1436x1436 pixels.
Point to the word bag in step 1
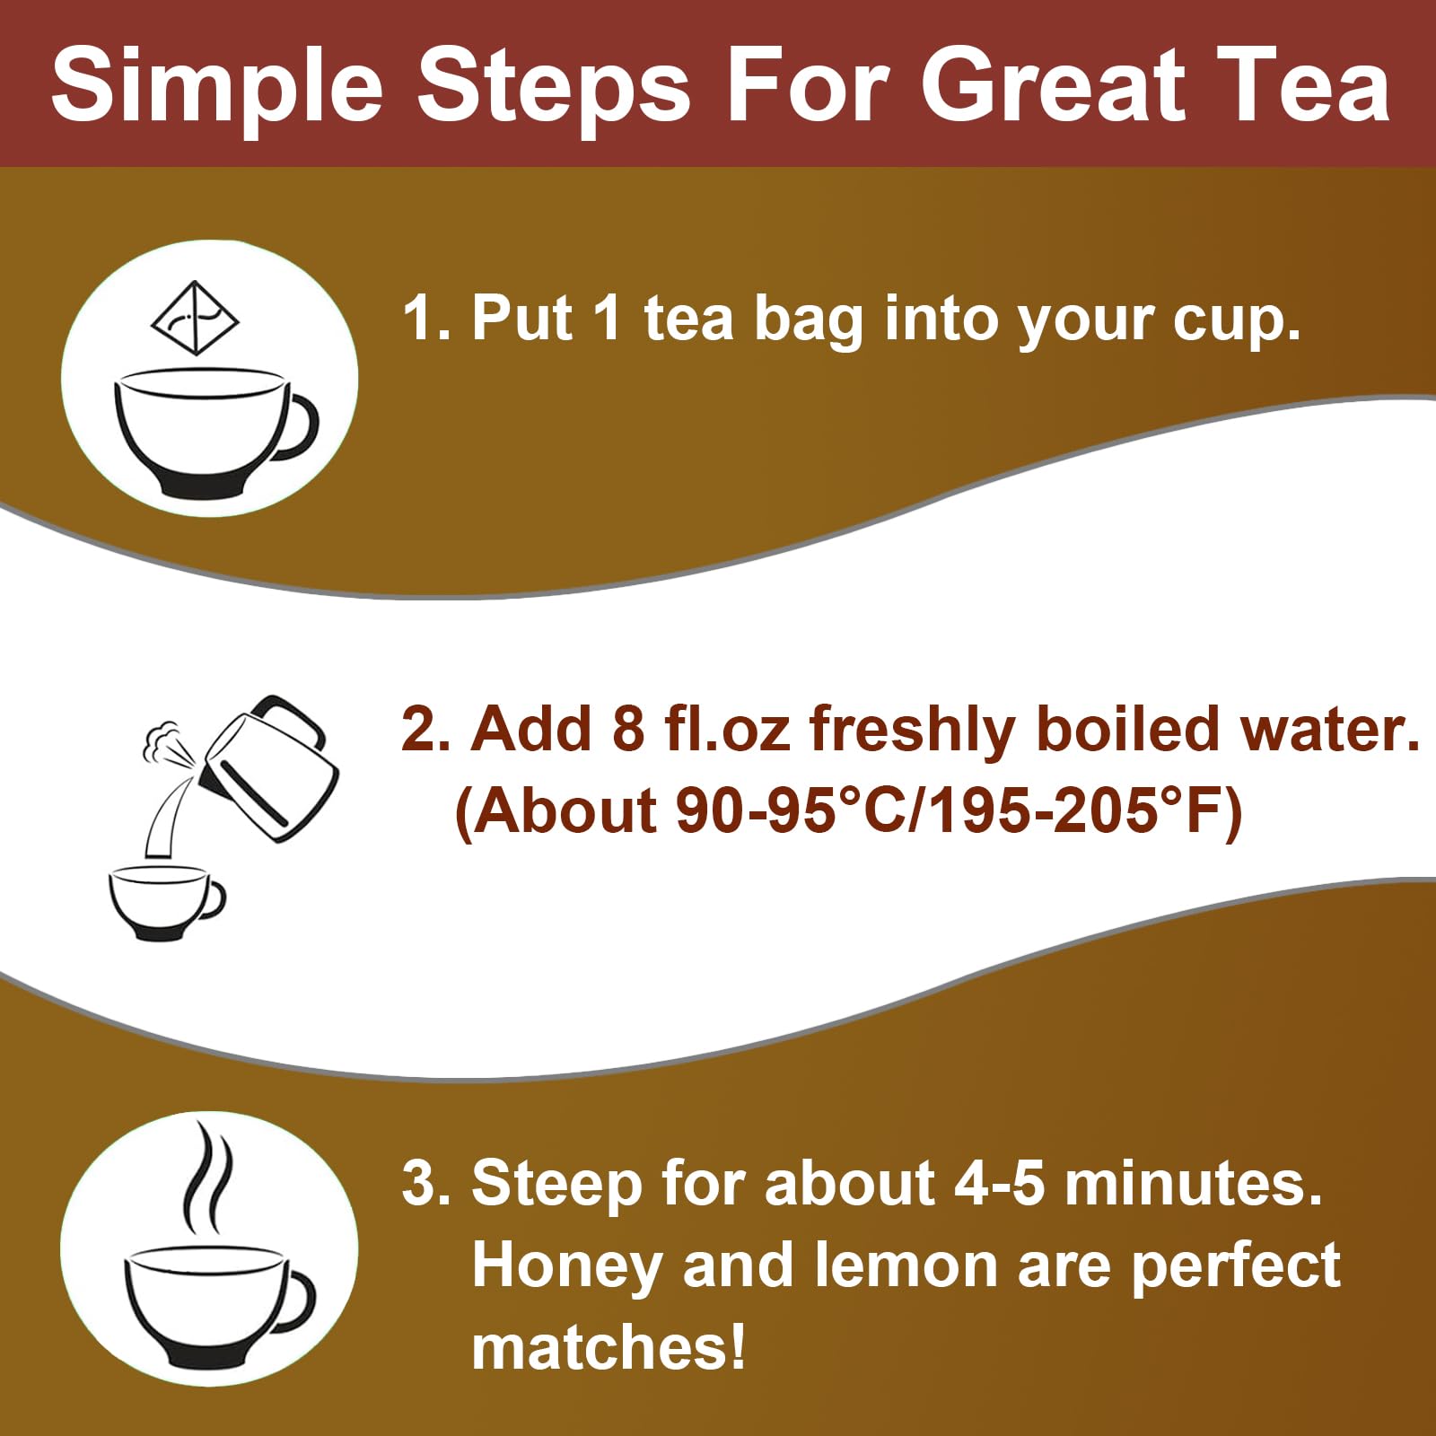click(x=809, y=320)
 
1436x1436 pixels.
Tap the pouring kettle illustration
click(x=269, y=767)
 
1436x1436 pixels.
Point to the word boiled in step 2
click(x=1127, y=728)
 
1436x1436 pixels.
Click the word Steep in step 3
click(x=556, y=1182)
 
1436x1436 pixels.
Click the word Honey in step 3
click(x=567, y=1265)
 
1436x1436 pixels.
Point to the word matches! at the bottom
click(x=609, y=1347)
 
